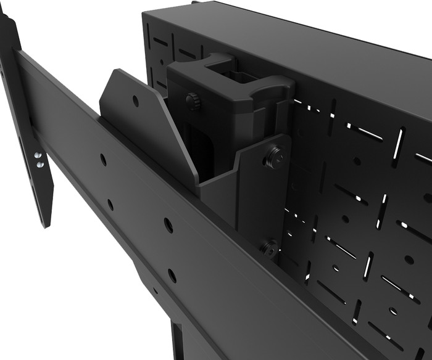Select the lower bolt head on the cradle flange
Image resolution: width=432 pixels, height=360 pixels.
[268, 248]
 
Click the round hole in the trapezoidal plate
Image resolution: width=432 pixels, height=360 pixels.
[136, 100]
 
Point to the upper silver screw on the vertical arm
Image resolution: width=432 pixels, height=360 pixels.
[38, 157]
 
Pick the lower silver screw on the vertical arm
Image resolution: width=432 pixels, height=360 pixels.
[39, 165]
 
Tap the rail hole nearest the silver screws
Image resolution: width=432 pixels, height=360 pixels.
[103, 160]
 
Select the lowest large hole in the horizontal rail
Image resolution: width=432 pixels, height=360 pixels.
[172, 275]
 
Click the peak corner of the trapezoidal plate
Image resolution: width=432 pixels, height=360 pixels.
[115, 71]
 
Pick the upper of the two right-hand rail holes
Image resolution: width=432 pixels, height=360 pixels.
[168, 225]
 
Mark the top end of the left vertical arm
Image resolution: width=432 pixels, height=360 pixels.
[6, 15]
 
